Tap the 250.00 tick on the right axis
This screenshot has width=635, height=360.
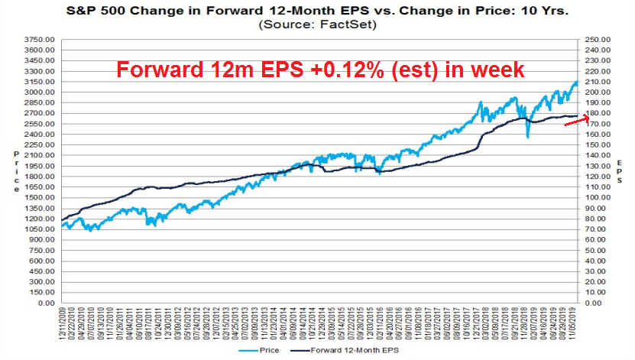coord(604,39)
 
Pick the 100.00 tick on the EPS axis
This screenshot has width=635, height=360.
coord(604,197)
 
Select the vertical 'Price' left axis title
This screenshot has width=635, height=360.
coord(18,171)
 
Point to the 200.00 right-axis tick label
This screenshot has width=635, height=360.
coord(604,92)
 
